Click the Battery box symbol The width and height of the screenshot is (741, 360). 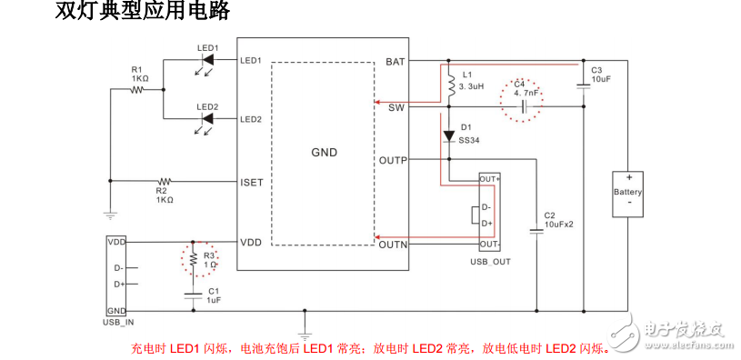[628, 193]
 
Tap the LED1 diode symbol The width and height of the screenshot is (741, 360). [207, 61]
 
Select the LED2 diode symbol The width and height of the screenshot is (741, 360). [207, 119]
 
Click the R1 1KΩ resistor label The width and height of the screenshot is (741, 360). [139, 74]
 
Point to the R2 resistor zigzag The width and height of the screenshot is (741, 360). [164, 181]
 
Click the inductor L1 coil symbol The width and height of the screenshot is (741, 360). [448, 85]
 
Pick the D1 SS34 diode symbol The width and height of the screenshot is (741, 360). [448, 136]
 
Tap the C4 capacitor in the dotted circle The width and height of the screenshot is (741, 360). [525, 106]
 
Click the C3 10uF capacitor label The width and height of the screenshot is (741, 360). [600, 75]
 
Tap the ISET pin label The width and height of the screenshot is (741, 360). [251, 182]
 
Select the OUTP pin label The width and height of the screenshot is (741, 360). [393, 161]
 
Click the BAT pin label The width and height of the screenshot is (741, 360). [396, 62]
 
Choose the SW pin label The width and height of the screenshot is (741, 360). [396, 107]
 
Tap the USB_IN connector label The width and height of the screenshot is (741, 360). [118, 321]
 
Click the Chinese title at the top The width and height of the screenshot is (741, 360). [142, 14]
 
